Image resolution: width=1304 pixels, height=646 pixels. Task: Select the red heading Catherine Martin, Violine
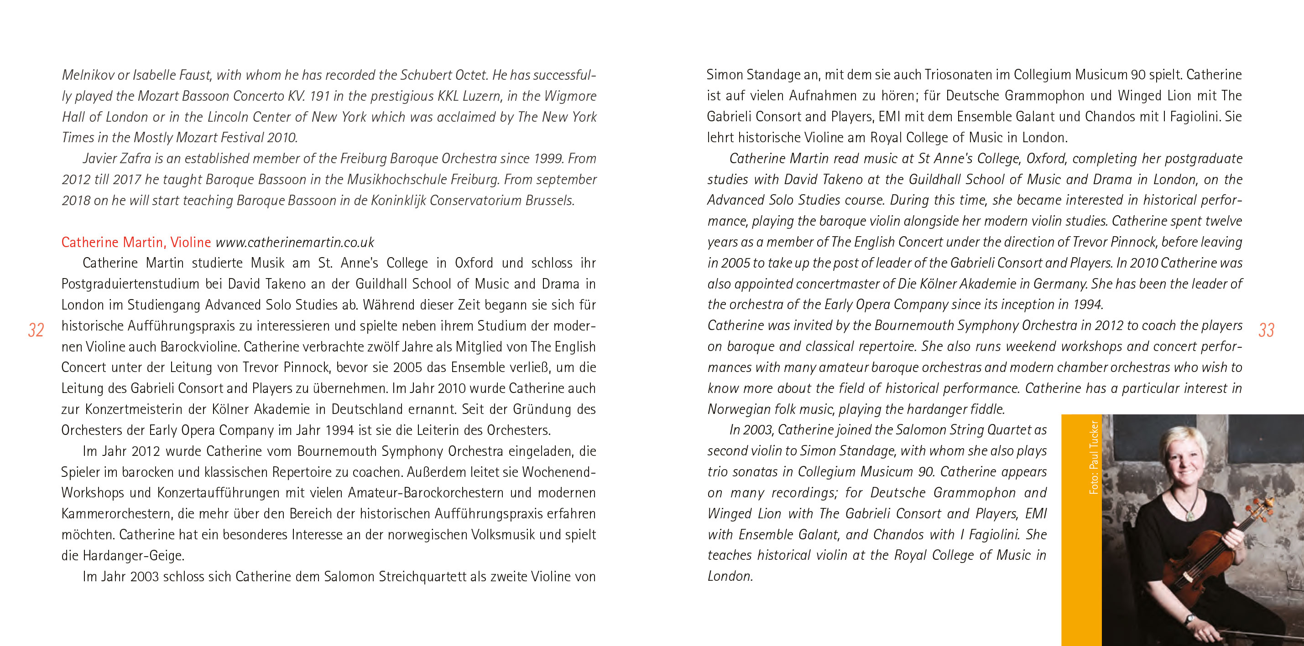pyautogui.click(x=136, y=243)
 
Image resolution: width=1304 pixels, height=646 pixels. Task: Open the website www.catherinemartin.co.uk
pyautogui.click(x=295, y=243)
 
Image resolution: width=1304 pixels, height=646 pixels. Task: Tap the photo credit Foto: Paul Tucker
pyautogui.click(x=1094, y=457)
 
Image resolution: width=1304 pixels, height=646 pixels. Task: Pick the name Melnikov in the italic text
pyautogui.click(x=88, y=75)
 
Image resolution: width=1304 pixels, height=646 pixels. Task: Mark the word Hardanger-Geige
pyautogui.click(x=133, y=556)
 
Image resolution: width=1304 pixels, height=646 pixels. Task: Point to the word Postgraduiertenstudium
pyautogui.click(x=130, y=284)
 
